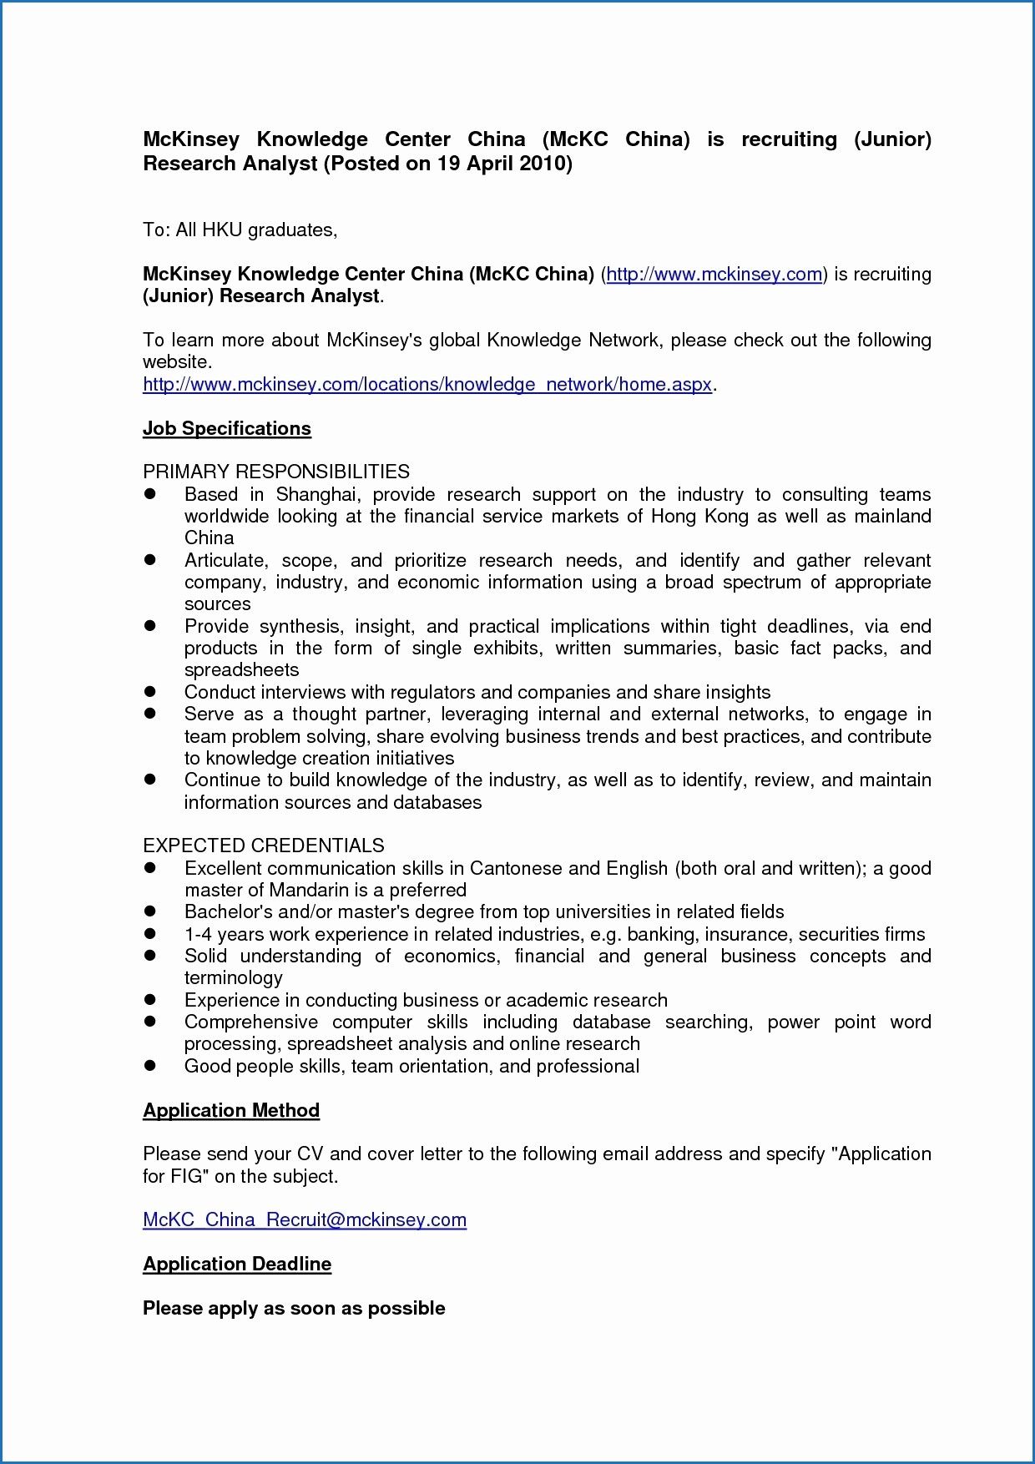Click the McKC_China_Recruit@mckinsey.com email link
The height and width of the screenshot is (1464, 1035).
pos(305,1219)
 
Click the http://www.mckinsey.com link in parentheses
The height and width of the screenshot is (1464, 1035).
pos(714,274)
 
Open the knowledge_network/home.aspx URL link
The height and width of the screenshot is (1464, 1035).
pos(427,384)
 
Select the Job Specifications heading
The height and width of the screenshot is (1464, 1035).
pos(227,428)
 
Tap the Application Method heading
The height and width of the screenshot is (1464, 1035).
pos(231,1110)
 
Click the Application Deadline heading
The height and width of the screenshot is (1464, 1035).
pos(237,1264)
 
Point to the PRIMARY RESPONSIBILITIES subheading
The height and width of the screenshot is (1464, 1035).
pos(276,472)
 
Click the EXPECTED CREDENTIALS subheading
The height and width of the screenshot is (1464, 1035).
pos(264,846)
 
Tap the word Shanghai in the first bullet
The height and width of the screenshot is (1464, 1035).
pos(317,494)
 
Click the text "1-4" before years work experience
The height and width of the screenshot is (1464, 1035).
pos(198,934)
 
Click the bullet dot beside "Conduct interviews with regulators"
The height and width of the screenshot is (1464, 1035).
pos(151,692)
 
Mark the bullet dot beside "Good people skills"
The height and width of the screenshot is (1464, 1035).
pos(151,1066)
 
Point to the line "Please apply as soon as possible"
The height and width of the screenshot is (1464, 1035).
pos(294,1308)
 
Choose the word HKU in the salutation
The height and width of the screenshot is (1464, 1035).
pos(222,230)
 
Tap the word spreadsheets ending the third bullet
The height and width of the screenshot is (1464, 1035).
pos(241,669)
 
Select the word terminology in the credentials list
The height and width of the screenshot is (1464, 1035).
pos(234,977)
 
